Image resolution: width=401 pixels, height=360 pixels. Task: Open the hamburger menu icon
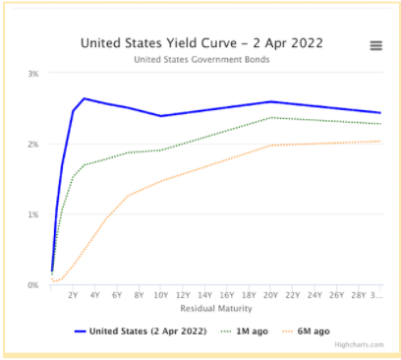click(x=375, y=45)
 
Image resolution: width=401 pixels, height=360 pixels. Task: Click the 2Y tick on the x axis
click(x=73, y=294)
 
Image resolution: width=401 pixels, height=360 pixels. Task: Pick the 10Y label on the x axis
click(x=160, y=294)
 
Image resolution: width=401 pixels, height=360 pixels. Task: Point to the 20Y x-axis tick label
click(x=270, y=294)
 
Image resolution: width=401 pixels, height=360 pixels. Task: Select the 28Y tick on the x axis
click(x=358, y=294)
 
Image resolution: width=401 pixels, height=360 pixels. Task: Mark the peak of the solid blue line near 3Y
click(x=85, y=98)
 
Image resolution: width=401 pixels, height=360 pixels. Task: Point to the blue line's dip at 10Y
click(x=161, y=116)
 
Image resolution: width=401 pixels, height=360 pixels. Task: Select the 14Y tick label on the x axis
click(x=204, y=294)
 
